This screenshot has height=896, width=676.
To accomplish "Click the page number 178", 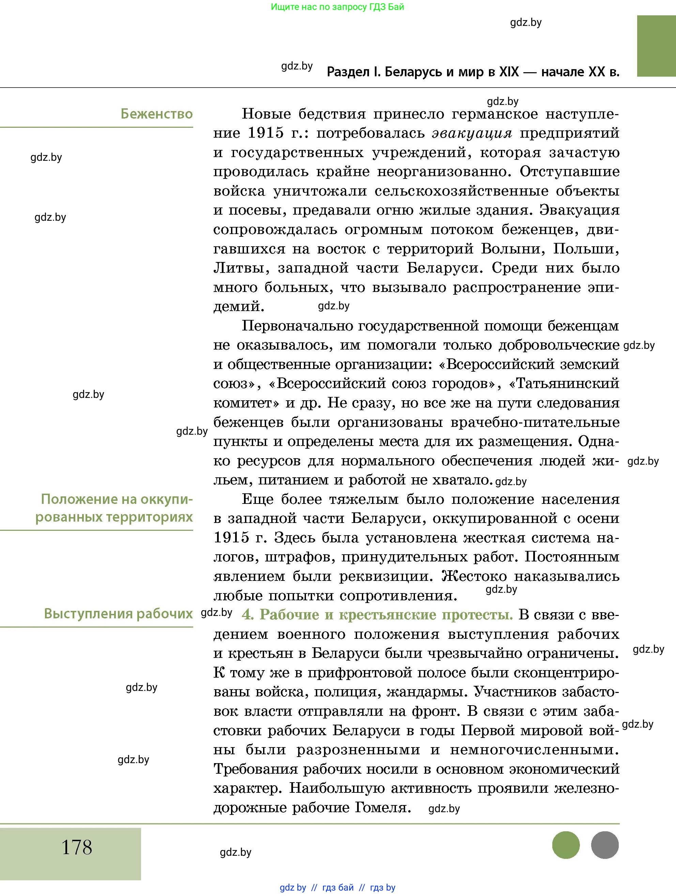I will point(77,847).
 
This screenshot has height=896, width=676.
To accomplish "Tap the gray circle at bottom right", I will point(605,845).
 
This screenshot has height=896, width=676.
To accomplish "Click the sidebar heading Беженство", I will point(156,114).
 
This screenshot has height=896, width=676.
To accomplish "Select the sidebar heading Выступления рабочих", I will point(118,614).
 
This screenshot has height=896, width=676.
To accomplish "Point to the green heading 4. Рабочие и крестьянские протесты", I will point(377,615).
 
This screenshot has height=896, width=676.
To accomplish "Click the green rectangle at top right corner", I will point(656,46).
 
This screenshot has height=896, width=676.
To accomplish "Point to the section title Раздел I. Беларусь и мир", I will point(473,72).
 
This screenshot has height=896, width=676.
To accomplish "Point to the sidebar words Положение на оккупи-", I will point(117,499).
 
